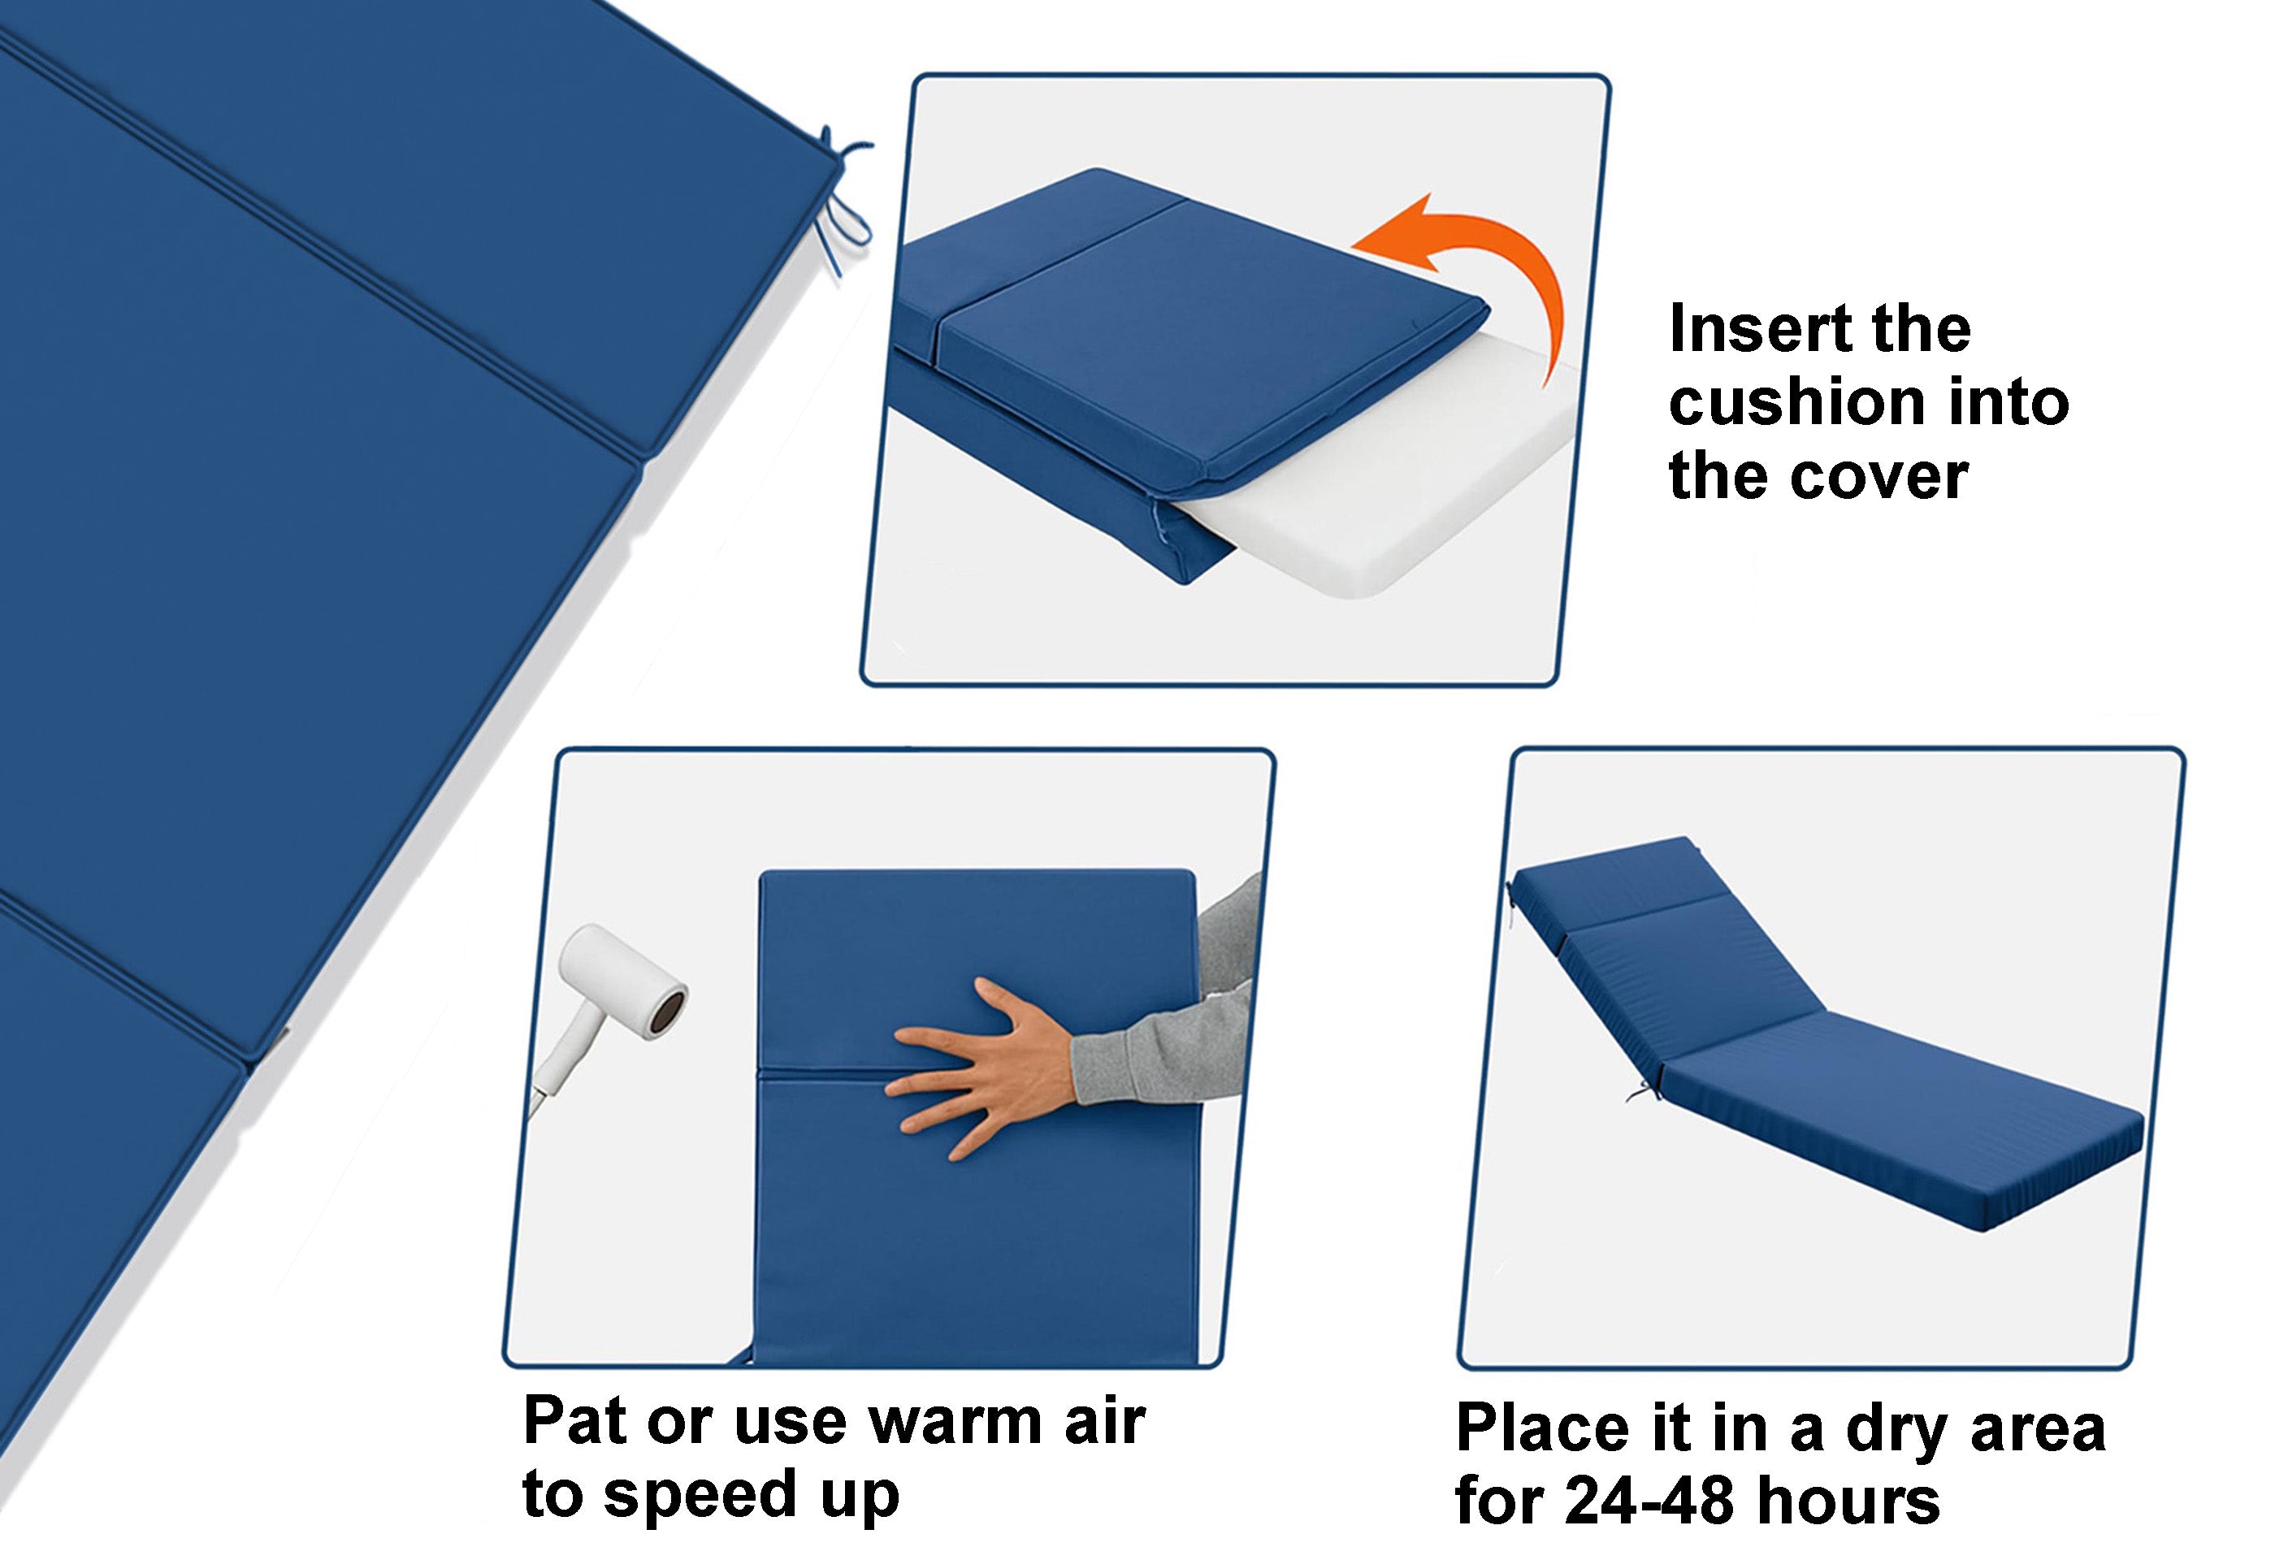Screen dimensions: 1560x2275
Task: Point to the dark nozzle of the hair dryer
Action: click(x=669, y=1008)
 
